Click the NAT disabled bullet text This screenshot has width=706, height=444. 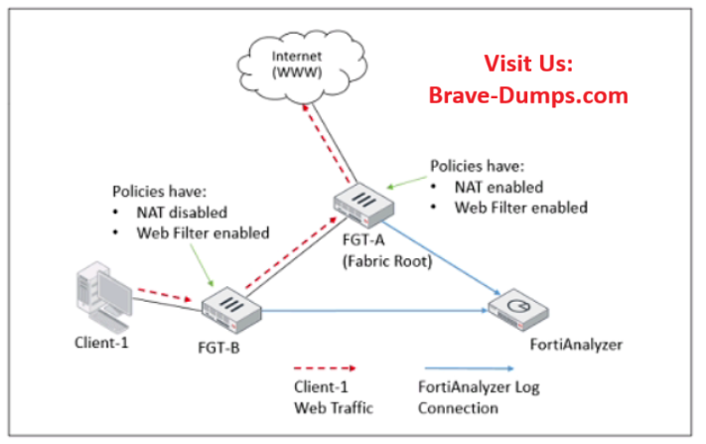tap(183, 213)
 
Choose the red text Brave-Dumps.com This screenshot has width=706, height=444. tap(528, 95)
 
